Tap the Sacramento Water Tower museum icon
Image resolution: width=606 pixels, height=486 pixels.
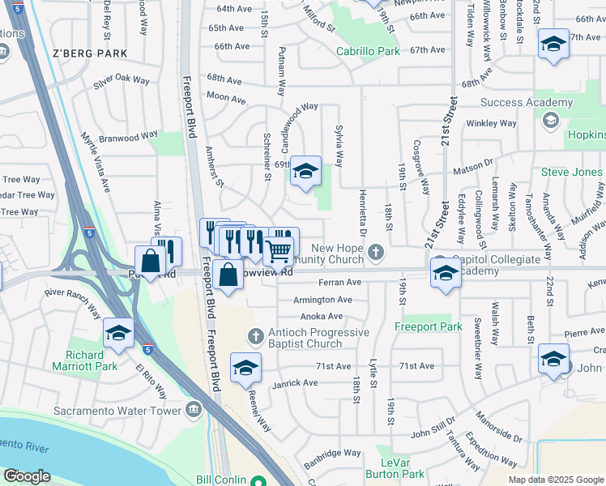194,410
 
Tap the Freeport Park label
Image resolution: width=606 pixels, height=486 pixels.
429,327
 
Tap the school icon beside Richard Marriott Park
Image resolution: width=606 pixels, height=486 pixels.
118,334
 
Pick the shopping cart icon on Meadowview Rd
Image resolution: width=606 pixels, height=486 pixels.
278,253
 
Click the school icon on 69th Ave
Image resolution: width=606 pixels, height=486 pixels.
305,172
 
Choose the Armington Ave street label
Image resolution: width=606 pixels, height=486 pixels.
326,300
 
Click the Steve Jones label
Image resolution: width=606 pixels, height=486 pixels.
572,173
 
